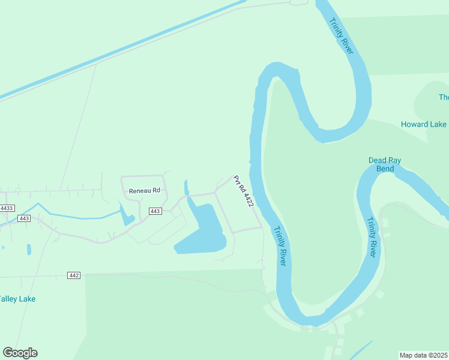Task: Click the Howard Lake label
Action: tap(423, 124)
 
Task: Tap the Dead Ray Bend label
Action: tap(385, 164)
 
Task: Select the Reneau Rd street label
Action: tap(145, 190)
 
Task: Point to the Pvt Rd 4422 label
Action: tap(244, 191)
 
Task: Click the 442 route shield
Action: tap(74, 275)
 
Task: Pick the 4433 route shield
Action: tap(7, 208)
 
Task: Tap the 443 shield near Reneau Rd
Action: tap(155, 211)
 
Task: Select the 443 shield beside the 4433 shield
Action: tap(24, 218)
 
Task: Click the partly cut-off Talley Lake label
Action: tap(17, 299)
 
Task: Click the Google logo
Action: tap(20, 353)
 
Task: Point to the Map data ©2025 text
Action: tap(423, 355)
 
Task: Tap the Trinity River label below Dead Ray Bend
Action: tap(372, 237)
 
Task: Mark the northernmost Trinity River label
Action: tap(341, 37)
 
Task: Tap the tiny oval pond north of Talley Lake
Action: tap(29, 249)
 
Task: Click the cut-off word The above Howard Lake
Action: tap(444, 97)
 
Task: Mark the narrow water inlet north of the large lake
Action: tap(186, 188)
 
